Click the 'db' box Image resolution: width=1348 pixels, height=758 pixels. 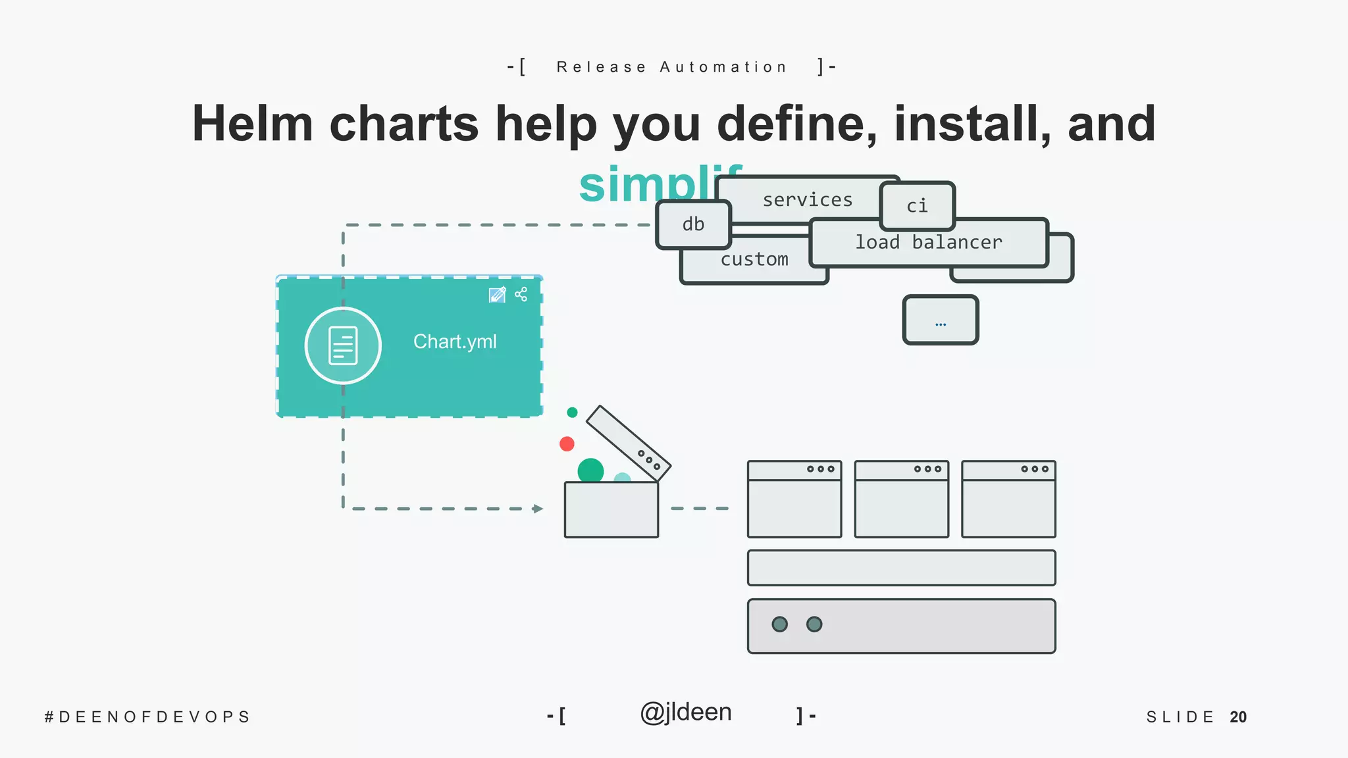pyautogui.click(x=693, y=224)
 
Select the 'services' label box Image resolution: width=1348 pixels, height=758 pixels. pyautogui.click(x=807, y=199)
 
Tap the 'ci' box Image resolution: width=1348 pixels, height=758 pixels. pyautogui.click(x=917, y=206)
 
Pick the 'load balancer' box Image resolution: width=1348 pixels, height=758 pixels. pyautogui.click(x=928, y=242)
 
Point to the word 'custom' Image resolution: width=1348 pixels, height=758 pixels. pyautogui.click(x=754, y=259)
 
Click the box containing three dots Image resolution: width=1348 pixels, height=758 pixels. pyautogui.click(x=941, y=320)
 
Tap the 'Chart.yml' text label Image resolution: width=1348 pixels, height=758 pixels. pyautogui.click(x=455, y=341)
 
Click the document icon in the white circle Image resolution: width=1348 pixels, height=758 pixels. pyautogui.click(x=343, y=345)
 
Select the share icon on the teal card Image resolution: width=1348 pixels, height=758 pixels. pyautogui.click(x=521, y=294)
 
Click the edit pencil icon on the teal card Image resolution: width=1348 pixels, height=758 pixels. pyautogui.click(x=497, y=294)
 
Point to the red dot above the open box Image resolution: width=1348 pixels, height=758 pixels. pyautogui.click(x=567, y=444)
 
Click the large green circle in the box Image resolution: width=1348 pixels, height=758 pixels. pyautogui.click(x=590, y=470)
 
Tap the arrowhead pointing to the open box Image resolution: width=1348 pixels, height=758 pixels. pyautogui.click(x=538, y=509)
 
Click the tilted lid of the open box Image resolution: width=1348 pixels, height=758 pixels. pyautogui.click(x=628, y=442)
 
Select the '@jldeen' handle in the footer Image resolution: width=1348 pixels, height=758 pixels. pyautogui.click(x=686, y=713)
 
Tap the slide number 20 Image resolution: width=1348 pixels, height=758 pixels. pyautogui.click(x=1238, y=717)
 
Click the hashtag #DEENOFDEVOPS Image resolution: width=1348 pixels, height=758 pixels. pyautogui.click(x=147, y=717)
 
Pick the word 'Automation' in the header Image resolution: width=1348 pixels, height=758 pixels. pyautogui.click(x=723, y=67)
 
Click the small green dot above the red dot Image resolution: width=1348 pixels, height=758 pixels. pyautogui.click(x=572, y=413)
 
